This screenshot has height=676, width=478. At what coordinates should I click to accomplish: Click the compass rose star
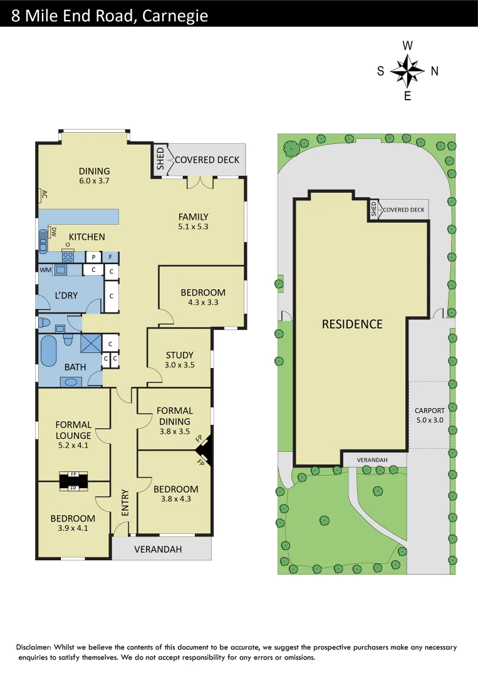pyautogui.click(x=408, y=71)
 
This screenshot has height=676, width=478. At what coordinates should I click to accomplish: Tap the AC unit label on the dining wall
pyautogui.click(x=44, y=194)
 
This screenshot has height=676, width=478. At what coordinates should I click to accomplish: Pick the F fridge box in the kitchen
pyautogui.click(x=111, y=257)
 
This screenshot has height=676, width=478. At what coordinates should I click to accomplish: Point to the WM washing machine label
pyautogui.click(x=45, y=270)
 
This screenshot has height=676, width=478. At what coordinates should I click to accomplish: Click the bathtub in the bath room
pyautogui.click(x=49, y=352)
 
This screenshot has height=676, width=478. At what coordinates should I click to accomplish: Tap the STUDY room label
pyautogui.click(x=179, y=355)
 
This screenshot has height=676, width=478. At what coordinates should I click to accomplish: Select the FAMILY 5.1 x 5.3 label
pyautogui.click(x=193, y=217)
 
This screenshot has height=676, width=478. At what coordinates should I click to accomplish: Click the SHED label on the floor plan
pyautogui.click(x=160, y=159)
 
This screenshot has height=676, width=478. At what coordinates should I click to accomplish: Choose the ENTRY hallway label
pyautogui.click(x=125, y=502)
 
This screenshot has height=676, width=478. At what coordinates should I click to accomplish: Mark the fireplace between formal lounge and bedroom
pyautogui.click(x=73, y=481)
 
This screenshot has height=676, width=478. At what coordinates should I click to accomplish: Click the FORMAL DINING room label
pyautogui.click(x=175, y=416)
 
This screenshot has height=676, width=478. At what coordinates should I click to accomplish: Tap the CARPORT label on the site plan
pyautogui.click(x=429, y=411)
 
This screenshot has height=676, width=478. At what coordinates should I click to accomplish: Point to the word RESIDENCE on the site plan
pyautogui.click(x=352, y=324)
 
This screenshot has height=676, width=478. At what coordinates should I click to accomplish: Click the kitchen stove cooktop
pyautogui.click(x=68, y=257)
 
